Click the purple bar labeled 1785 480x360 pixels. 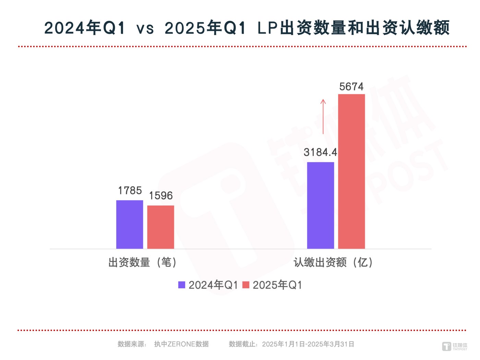130,225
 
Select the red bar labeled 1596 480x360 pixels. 160,227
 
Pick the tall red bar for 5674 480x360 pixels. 351,171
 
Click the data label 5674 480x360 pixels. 351,87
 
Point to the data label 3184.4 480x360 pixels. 320,152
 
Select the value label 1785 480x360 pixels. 130,191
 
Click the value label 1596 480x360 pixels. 160,196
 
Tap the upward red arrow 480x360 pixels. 323,117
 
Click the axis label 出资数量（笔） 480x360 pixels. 143,263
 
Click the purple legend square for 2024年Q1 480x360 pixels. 182,285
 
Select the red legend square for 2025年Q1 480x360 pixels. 246,285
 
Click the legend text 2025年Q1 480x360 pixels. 277,285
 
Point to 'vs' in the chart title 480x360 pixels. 145,28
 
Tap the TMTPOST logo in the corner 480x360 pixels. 455,346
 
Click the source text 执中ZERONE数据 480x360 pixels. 181,344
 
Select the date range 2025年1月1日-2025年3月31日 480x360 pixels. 308,344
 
